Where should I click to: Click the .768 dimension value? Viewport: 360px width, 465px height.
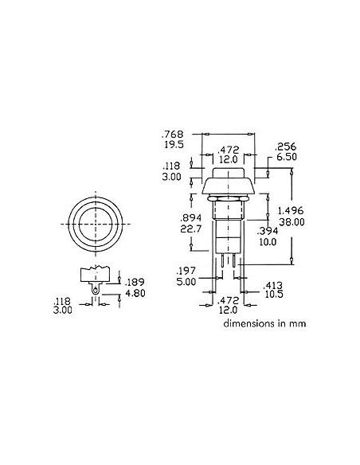click(171, 133)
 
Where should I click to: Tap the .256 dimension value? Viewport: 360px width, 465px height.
click(286, 147)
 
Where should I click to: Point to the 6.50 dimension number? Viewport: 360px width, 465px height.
click(286, 158)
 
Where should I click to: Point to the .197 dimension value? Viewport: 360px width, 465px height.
click(186, 270)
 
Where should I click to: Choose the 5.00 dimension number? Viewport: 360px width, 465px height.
click(186, 281)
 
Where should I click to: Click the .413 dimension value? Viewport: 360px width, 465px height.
click(273, 283)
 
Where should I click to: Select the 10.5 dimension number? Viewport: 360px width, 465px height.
click(273, 294)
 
